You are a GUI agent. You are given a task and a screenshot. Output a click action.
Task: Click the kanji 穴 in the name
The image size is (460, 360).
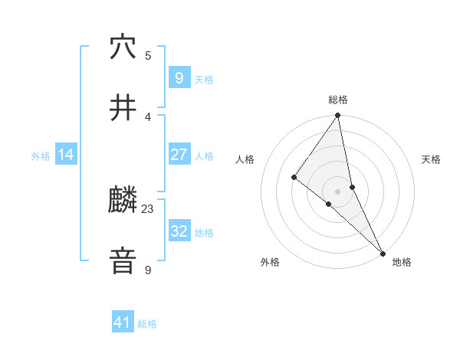[x=123, y=47]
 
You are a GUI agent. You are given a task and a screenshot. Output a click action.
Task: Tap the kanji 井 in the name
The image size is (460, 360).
[x=123, y=108]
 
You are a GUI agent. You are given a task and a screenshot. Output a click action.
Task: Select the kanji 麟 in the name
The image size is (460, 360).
[x=123, y=201]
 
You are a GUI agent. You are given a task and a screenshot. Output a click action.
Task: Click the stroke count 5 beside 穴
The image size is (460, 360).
[x=148, y=55]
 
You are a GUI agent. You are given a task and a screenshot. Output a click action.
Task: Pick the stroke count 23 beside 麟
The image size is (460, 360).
[x=148, y=208]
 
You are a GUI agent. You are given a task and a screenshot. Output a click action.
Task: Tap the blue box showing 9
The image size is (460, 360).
[x=179, y=77]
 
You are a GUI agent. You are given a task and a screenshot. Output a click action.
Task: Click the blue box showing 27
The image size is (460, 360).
[x=179, y=155]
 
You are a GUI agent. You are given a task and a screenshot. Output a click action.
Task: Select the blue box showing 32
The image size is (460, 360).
[x=179, y=231]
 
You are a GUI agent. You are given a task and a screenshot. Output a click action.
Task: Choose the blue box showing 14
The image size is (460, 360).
[x=66, y=155]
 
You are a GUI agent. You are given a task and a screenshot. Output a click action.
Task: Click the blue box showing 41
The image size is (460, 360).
[x=123, y=322]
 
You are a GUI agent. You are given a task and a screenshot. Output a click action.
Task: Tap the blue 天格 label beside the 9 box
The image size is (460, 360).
[x=204, y=79]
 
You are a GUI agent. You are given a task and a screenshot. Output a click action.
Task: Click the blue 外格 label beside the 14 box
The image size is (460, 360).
[x=41, y=155]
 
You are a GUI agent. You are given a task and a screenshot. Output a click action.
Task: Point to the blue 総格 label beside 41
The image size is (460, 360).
[x=147, y=324]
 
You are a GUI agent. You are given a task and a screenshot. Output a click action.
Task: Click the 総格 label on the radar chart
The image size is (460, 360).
[x=338, y=100]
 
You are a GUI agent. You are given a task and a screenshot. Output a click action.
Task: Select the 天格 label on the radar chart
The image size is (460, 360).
[x=431, y=159]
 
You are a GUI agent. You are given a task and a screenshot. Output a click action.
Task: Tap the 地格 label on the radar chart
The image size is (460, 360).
[x=402, y=262]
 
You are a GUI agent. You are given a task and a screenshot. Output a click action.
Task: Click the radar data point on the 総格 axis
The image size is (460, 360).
[x=338, y=116]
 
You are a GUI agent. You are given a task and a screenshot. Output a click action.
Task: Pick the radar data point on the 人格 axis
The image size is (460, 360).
[x=294, y=177]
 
